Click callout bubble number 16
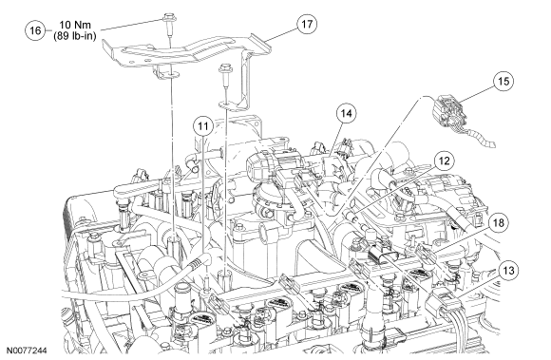[35, 30]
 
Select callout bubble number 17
[307, 25]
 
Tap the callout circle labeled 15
[503, 81]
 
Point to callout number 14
[346, 113]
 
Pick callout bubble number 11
[203, 126]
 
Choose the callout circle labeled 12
[445, 161]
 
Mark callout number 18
[499, 222]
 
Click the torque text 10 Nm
[75, 25]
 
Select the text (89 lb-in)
[75, 36]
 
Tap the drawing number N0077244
[27, 351]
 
